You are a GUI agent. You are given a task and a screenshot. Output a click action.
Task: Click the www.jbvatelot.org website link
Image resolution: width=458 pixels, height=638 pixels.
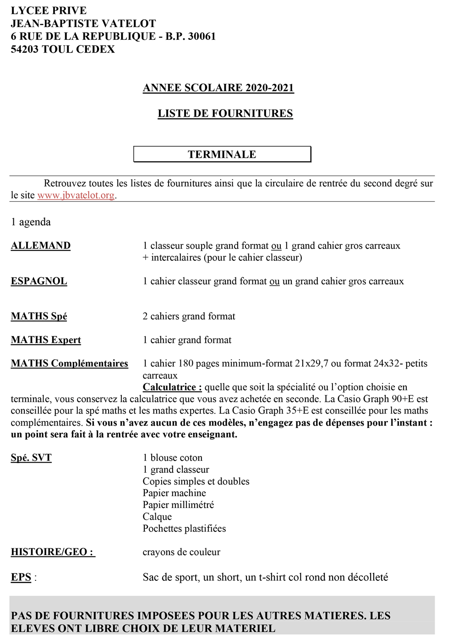[x=76, y=195]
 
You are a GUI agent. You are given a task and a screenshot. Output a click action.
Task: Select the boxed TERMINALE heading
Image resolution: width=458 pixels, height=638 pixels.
[x=222, y=155]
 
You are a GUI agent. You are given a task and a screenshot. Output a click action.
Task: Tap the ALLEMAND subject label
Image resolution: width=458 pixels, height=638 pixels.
[x=41, y=246]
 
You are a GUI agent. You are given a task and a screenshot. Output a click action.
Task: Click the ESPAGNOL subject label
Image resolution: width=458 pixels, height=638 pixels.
[x=39, y=281]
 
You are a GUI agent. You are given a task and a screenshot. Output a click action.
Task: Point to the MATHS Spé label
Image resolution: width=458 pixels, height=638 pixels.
[x=39, y=316]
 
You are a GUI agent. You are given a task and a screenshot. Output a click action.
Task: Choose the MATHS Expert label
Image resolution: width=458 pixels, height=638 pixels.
[x=46, y=340]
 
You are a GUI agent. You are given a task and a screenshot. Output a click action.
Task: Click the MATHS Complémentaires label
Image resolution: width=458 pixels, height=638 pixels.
[x=70, y=363]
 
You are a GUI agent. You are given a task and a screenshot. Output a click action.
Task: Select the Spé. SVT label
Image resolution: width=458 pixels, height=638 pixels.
[x=31, y=458]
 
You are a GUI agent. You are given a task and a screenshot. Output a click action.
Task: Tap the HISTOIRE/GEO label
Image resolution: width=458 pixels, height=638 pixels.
[x=53, y=552]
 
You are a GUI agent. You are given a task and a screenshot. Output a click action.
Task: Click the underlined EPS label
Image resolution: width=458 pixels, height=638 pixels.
[x=21, y=577]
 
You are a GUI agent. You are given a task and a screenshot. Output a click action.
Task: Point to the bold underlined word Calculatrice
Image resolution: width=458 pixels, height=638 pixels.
[x=172, y=387]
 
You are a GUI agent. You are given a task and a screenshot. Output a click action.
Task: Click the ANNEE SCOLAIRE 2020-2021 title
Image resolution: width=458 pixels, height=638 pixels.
[x=218, y=88]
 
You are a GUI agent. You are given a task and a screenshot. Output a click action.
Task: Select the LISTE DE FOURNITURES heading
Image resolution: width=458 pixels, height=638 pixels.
[x=225, y=114]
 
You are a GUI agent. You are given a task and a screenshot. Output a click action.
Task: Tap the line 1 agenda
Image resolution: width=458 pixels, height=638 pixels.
[x=31, y=222]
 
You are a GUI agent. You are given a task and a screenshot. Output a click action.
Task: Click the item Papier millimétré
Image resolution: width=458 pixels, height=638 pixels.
[x=178, y=505]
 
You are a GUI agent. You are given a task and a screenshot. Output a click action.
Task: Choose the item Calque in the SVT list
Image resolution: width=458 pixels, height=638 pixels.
[x=157, y=517]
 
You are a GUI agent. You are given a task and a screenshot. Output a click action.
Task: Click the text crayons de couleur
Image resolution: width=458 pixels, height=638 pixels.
[x=181, y=552]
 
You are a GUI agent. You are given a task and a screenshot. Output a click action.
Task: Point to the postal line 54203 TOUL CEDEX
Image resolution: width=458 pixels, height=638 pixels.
[x=63, y=49]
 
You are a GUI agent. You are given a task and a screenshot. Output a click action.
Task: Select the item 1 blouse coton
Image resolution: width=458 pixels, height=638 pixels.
[x=172, y=458]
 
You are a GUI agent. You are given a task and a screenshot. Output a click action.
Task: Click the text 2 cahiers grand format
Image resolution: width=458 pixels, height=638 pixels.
[x=189, y=316]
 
